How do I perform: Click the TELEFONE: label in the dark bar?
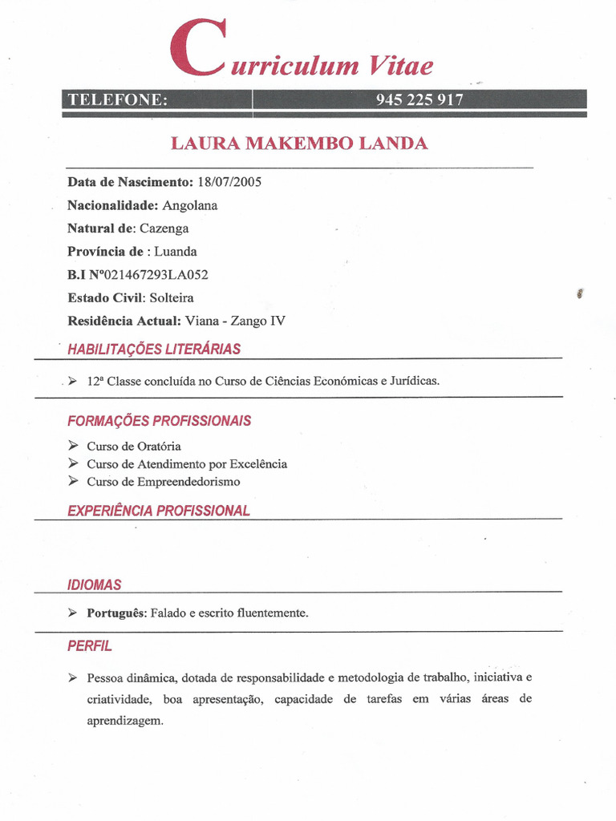[x=117, y=99]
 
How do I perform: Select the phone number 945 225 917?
[x=419, y=99]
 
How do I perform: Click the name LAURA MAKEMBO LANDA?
[x=299, y=144]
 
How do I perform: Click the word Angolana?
[x=190, y=205]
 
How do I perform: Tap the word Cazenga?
[x=164, y=229]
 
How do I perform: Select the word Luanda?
[x=176, y=252]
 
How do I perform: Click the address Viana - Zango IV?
[x=235, y=322]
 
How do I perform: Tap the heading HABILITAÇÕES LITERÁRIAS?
[x=154, y=350]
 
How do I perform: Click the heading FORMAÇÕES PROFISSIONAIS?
[x=159, y=421]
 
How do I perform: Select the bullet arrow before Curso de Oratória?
[x=73, y=446]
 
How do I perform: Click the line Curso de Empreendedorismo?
[x=164, y=482]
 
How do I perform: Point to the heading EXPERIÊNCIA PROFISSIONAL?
[x=159, y=511]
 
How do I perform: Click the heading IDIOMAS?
[x=95, y=585]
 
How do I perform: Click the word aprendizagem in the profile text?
[x=124, y=721]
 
